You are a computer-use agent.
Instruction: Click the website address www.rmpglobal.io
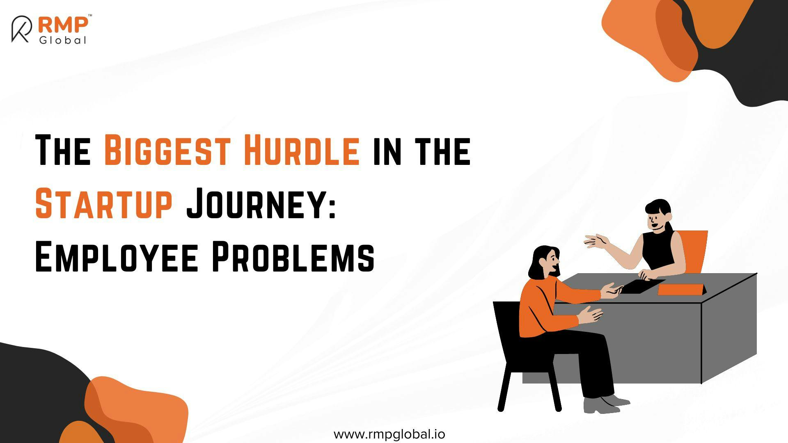[x=389, y=434]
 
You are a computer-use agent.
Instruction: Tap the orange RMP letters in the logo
[x=63, y=25]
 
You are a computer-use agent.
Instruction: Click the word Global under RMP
[x=63, y=40]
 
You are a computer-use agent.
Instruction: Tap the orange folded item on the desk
[x=682, y=289]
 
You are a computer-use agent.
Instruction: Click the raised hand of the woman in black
[x=597, y=241]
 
